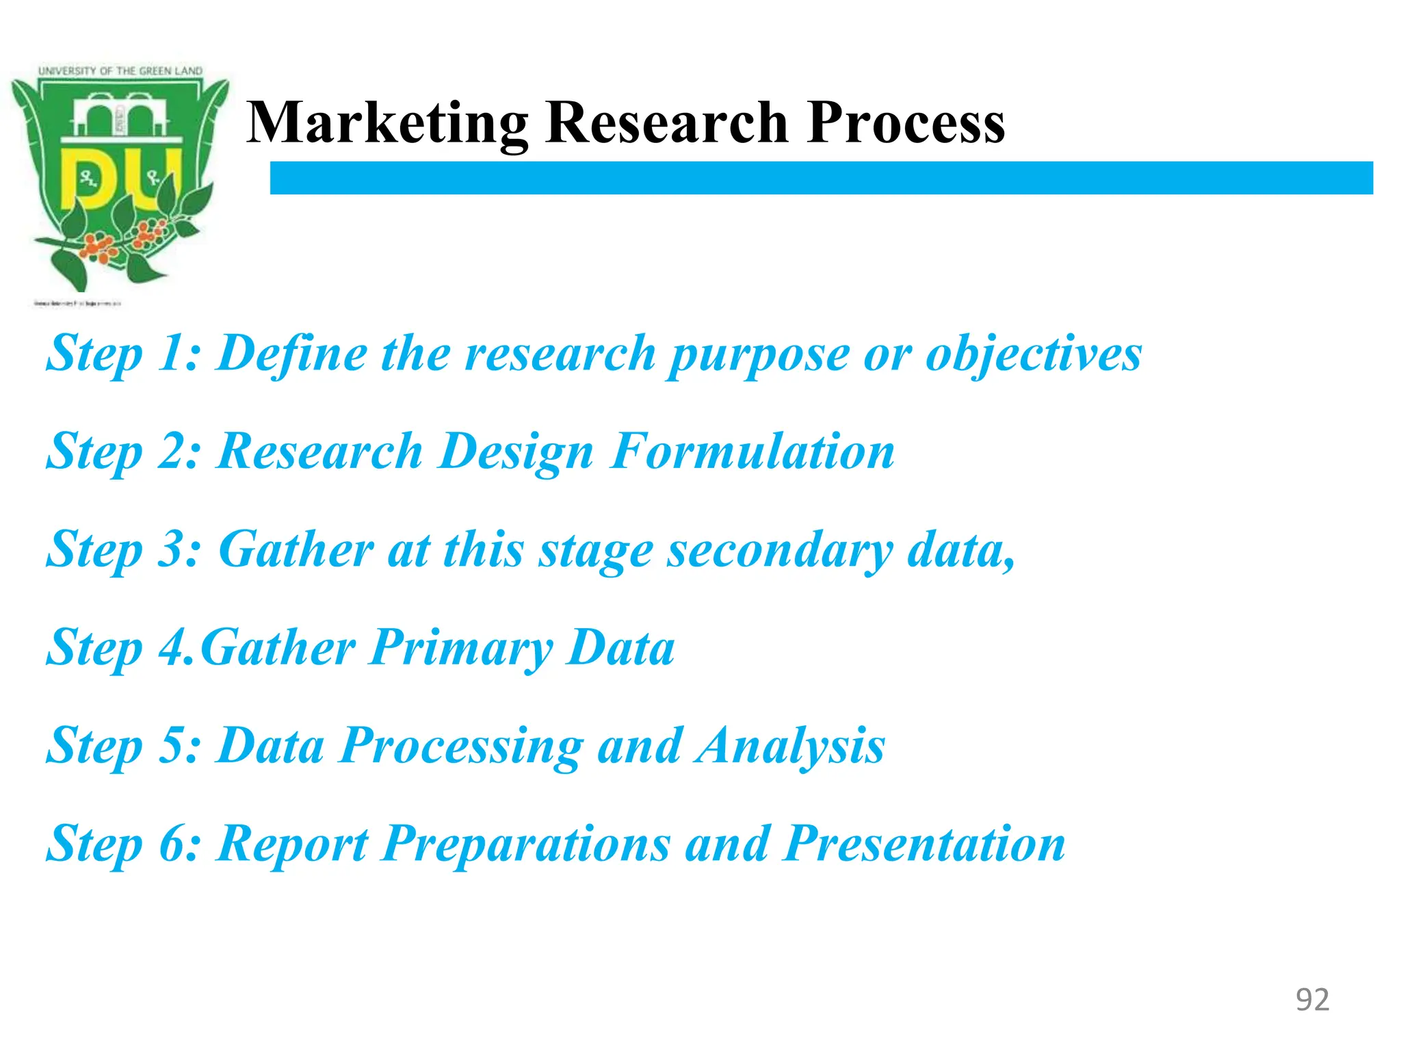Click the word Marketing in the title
pyautogui.click(x=387, y=123)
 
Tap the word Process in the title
pyautogui.click(x=906, y=123)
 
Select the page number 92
pyautogui.click(x=1312, y=1000)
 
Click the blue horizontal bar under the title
pyautogui.click(x=821, y=178)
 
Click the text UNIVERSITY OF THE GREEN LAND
pyautogui.click(x=120, y=71)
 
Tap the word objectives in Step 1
pyautogui.click(x=1033, y=354)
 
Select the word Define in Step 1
pyautogui.click(x=292, y=354)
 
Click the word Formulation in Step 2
pyautogui.click(x=752, y=452)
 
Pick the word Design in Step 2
pyautogui.click(x=516, y=453)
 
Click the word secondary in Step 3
pyautogui.click(x=780, y=551)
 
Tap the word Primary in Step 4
pyautogui.click(x=462, y=649)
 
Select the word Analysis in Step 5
pyautogui.click(x=790, y=746)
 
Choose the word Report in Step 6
pyautogui.click(x=293, y=845)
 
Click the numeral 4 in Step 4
pyautogui.click(x=170, y=648)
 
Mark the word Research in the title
pyautogui.click(x=667, y=123)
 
